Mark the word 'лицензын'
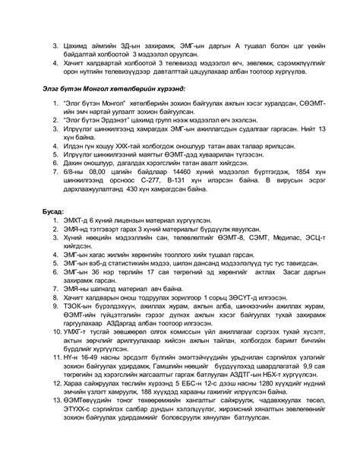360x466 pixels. (x=130, y=216)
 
